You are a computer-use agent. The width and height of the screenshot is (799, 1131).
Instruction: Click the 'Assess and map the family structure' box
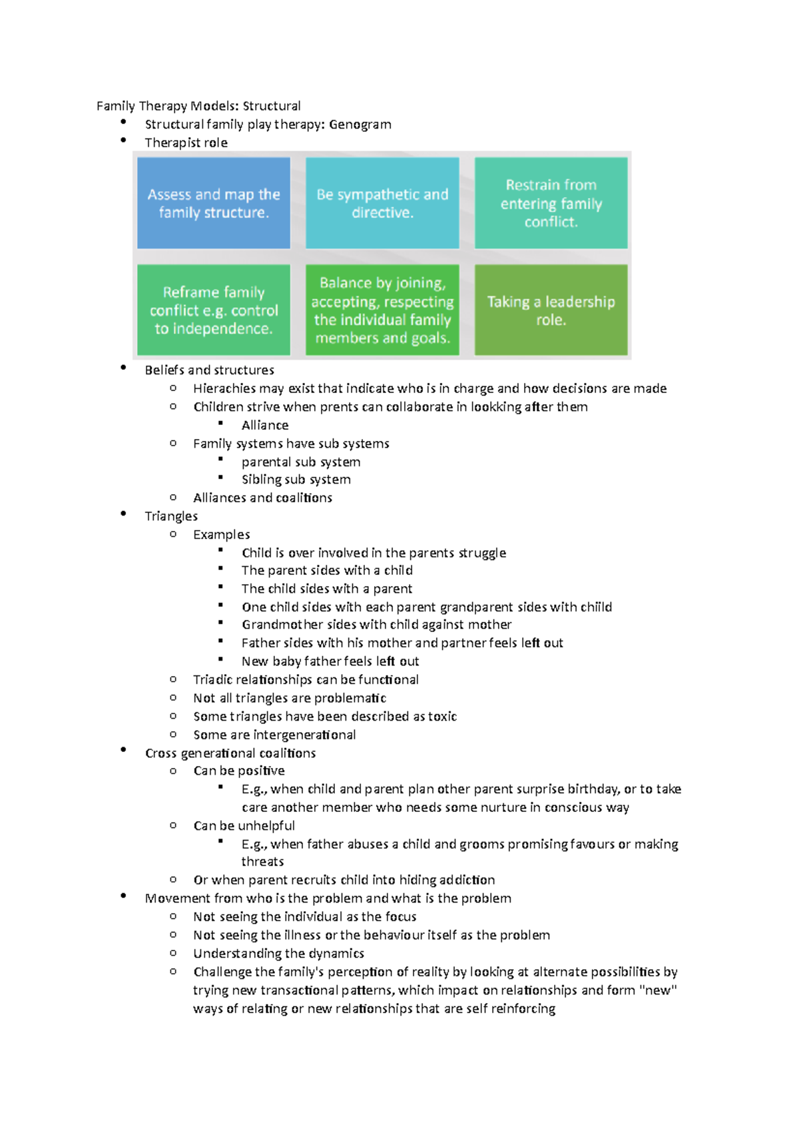point(214,203)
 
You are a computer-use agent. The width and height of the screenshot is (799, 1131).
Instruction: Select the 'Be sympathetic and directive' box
point(382,203)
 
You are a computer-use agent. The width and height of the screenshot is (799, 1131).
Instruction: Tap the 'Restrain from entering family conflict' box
point(551,203)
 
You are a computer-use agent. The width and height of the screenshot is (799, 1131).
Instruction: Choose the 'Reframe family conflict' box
point(214,310)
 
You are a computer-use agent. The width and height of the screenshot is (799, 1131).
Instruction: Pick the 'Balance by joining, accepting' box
point(382,310)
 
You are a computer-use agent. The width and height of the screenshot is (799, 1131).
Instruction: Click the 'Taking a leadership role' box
point(551,310)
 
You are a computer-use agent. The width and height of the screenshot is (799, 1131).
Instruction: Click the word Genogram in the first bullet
point(360,125)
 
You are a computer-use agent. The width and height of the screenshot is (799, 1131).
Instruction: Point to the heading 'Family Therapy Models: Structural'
point(198,106)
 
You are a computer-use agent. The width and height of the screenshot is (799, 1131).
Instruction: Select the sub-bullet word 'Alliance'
point(265,425)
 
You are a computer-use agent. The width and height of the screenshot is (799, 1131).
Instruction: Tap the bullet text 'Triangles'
point(171,516)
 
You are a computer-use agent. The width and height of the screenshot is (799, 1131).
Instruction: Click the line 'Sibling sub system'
point(296,480)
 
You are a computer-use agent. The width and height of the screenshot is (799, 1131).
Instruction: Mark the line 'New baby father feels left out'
point(330,661)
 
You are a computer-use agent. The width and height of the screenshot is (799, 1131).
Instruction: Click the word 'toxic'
point(442,717)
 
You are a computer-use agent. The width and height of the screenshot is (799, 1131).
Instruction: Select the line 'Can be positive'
point(239,771)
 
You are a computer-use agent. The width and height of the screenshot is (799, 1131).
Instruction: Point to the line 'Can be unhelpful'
point(244,826)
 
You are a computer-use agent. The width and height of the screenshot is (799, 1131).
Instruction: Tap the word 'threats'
point(262,862)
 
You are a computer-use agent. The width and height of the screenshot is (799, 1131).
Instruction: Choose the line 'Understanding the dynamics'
point(278,953)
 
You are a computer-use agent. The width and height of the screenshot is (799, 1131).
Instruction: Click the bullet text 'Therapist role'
point(186,143)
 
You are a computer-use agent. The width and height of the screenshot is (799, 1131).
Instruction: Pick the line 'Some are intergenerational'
point(274,735)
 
